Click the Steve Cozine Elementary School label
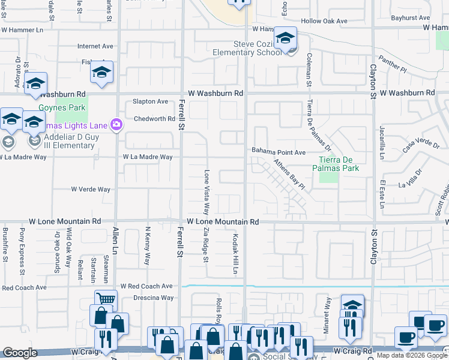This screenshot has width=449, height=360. tap(247, 48)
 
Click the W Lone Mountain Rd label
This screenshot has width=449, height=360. tap(223, 221)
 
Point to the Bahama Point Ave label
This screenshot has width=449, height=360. tap(279, 152)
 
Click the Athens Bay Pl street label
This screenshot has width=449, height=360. tap(291, 175)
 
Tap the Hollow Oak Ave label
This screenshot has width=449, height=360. tap(324, 21)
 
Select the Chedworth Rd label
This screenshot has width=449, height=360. tap(154, 119)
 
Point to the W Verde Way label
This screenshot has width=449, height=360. tap(91, 189)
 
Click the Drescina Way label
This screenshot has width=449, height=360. tap(154, 298)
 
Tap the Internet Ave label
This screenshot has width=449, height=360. tap(95, 46)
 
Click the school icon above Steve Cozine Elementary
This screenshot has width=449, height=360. tap(285, 38)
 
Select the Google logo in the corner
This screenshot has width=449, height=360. tap(20, 353)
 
